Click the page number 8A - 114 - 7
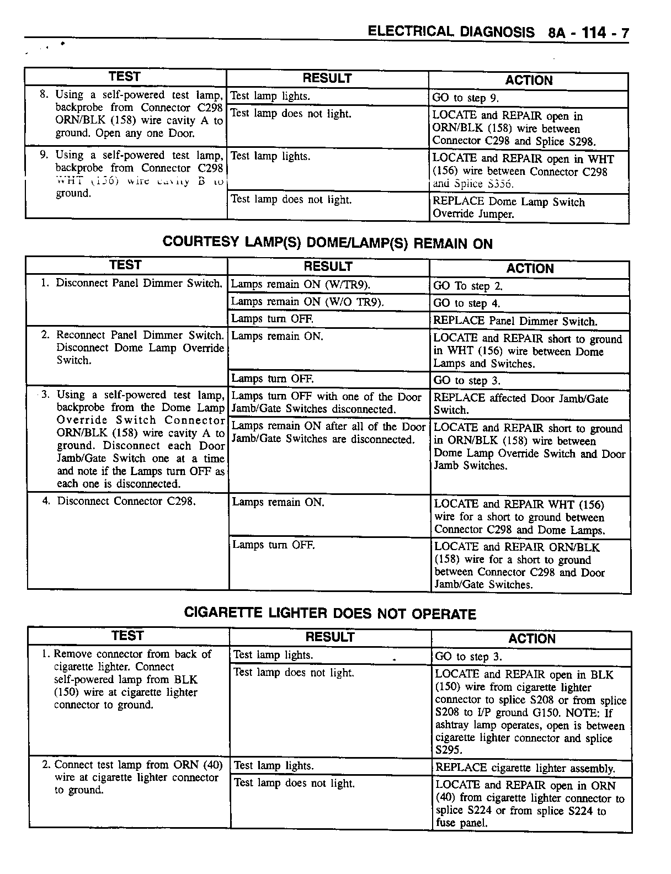588,33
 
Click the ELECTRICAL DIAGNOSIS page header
451,32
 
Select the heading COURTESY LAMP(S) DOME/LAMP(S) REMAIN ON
327,243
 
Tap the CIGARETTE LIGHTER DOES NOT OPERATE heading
329,614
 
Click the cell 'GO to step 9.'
465,98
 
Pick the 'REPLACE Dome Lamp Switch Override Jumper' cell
508,208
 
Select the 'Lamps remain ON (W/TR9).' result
300,285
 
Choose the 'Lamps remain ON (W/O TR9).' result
307,302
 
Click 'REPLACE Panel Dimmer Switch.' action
515,321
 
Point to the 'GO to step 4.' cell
467,303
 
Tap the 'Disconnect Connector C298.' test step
126,501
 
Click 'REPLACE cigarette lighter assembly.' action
525,768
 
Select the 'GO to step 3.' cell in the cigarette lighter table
468,657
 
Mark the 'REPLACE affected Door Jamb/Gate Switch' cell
520,404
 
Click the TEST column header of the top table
125,77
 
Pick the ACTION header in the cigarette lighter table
532,639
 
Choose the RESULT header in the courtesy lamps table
328,267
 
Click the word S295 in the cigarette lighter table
449,750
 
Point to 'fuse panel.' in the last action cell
461,823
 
